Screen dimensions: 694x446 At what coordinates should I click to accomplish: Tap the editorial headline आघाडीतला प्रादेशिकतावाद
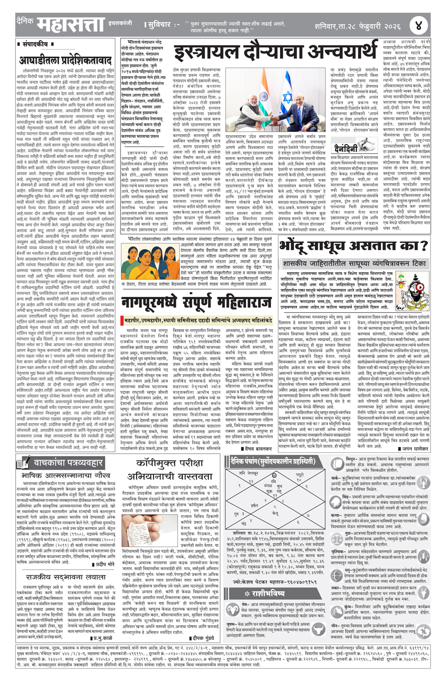click(65, 60)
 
